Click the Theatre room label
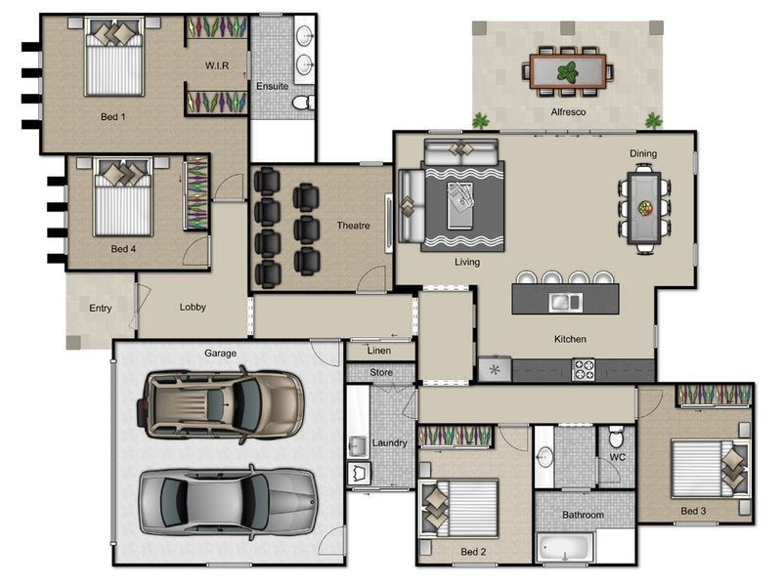353,226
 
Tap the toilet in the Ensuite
303,103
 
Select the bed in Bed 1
114,57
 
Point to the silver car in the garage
228,502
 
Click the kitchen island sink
565,302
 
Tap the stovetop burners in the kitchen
583,370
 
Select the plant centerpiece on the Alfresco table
568,72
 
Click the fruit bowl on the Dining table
644,208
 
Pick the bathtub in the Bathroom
565,548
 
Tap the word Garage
220,353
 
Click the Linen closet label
379,351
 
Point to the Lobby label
193,307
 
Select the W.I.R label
217,65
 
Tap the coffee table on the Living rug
459,205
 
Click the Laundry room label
389,442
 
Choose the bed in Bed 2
458,509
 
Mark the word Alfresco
568,112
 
